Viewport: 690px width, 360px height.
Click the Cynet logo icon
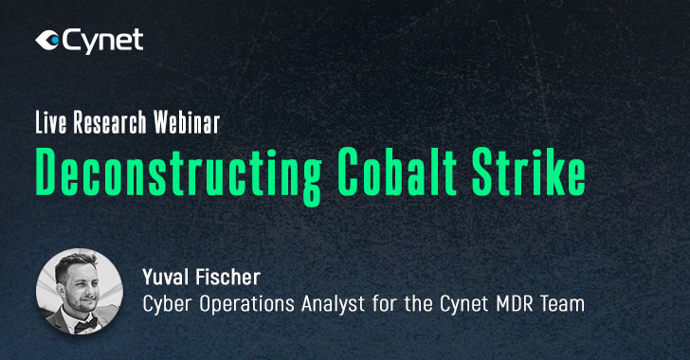(x=46, y=41)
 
